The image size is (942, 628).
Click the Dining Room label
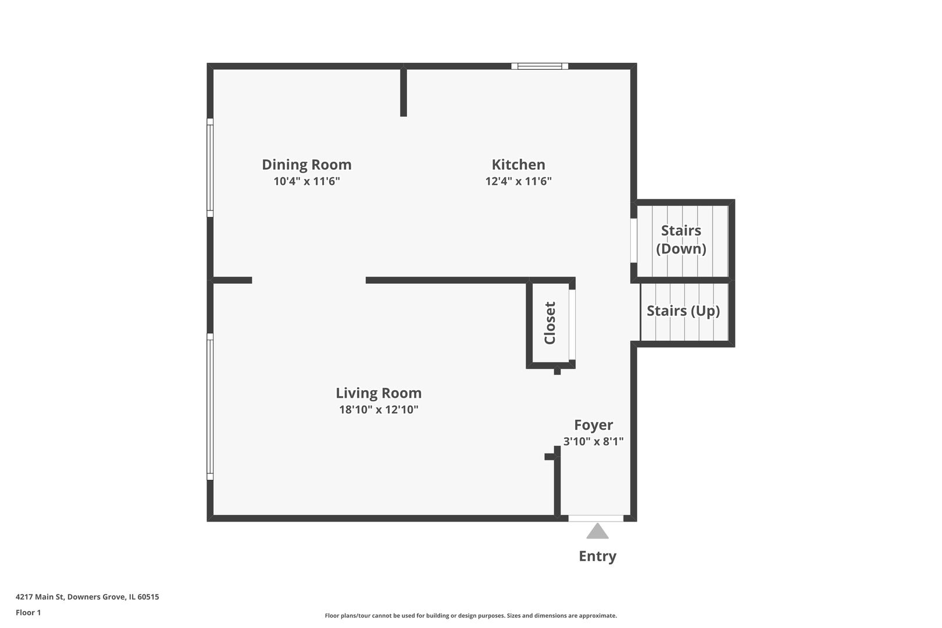coord(306,165)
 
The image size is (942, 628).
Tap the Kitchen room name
coord(518,165)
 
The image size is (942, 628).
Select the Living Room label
coord(379,393)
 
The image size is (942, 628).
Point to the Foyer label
coord(593,425)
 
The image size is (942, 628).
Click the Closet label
coord(549,323)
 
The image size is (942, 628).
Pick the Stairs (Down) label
coord(681,240)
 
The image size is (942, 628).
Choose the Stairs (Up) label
coord(683,311)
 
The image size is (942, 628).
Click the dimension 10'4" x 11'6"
coord(306,181)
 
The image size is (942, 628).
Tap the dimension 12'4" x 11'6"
coord(518,181)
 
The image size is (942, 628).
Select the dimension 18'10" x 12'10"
coord(379,410)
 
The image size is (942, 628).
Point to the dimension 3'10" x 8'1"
coord(593,441)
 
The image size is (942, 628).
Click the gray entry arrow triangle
coord(597,531)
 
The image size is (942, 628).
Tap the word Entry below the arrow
coord(597,556)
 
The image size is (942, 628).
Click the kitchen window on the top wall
coord(540,66)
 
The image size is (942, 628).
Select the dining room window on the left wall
coord(210,167)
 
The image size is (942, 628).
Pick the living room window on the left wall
coord(210,407)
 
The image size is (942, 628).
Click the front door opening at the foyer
coord(596,518)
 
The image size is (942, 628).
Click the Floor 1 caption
coord(28,612)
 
